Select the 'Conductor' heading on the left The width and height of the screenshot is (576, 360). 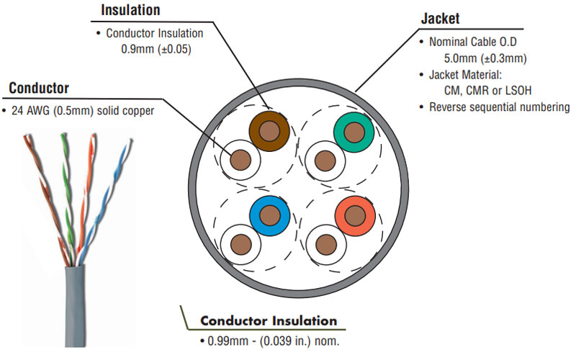pos(39,89)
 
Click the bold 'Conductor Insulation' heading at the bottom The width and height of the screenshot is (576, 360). pos(268,320)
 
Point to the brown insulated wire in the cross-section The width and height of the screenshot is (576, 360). pos(269,130)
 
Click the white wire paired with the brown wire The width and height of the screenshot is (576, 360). pos(241,159)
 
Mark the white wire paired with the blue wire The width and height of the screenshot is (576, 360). pos(241,243)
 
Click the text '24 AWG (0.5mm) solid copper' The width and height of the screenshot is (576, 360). pos(83,111)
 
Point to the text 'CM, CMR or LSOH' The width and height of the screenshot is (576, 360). pos(490,91)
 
